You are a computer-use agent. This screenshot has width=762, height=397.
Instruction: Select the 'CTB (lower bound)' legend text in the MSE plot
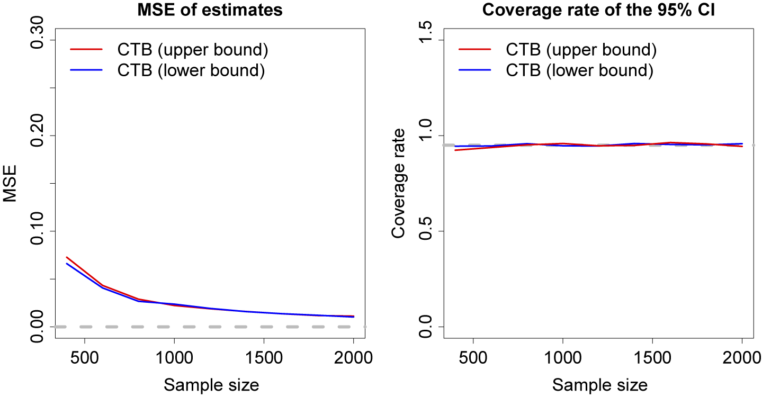tap(191, 70)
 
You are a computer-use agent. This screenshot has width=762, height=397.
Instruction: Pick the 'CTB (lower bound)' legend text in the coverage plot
tap(579, 70)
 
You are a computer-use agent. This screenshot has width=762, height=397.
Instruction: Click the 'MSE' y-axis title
tap(11, 184)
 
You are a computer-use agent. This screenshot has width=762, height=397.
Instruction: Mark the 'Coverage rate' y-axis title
tap(399, 184)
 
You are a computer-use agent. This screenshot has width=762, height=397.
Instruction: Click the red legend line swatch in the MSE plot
tap(86, 50)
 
